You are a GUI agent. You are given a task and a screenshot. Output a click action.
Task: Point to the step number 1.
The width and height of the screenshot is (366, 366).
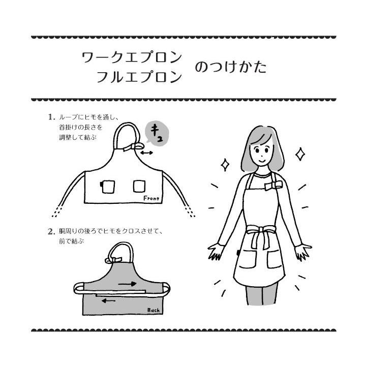[51, 117]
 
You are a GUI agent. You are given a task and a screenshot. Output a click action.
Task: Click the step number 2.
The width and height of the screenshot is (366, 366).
[51, 232]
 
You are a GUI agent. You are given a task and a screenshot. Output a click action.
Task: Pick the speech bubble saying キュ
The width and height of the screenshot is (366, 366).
[156, 133]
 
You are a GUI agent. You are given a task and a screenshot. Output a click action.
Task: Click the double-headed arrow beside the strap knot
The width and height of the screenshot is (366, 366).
[147, 152]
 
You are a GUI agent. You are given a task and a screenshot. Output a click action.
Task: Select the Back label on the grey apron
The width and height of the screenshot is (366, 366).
[153, 310]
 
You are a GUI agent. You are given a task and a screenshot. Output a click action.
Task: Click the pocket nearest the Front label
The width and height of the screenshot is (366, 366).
[140, 186]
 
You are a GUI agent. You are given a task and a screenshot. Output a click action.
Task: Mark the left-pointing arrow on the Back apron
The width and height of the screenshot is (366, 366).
[108, 300]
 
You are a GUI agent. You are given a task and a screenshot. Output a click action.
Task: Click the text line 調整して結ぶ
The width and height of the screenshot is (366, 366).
[76, 137]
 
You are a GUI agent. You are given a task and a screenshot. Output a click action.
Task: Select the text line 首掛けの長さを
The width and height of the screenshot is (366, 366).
[79, 127]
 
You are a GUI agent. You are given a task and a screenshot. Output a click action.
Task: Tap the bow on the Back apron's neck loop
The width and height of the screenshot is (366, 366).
[111, 260]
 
